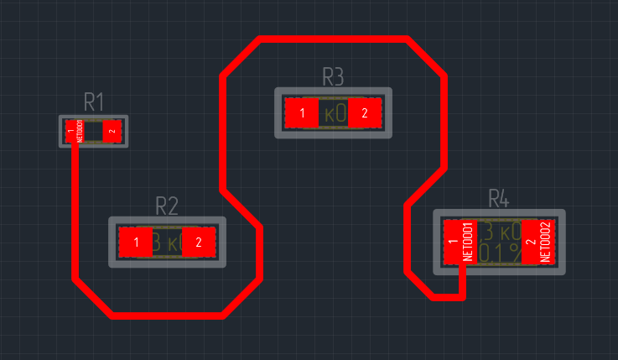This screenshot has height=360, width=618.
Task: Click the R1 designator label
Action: tap(93, 103)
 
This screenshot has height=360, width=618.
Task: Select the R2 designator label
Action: tap(167, 206)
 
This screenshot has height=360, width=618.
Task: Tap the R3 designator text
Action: tap(333, 77)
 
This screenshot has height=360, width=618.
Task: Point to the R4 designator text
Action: tap(499, 199)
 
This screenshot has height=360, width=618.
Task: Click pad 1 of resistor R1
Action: tap(74, 131)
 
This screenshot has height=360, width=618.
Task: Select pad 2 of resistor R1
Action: tap(112, 131)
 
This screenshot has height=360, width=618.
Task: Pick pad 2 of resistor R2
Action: tap(199, 243)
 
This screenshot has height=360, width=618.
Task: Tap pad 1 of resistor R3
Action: tap(302, 112)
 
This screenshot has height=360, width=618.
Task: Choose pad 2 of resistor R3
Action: tap(365, 112)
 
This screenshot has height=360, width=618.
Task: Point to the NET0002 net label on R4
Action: tap(545, 242)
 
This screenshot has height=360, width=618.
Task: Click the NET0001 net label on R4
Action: tap(469, 242)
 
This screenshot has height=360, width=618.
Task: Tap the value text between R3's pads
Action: tap(334, 113)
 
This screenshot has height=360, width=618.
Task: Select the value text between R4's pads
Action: tap(499, 242)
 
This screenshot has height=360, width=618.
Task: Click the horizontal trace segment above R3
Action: tap(334, 39)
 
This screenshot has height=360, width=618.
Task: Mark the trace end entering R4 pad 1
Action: tap(461, 281)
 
